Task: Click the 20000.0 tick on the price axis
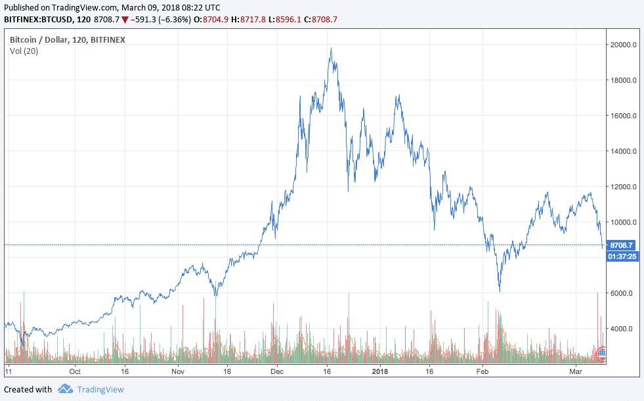(622, 45)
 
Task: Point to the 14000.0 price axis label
(622, 151)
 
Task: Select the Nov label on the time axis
(179, 371)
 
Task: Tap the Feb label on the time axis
(483, 371)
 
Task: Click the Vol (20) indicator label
(24, 51)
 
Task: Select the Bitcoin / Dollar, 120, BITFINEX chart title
(67, 39)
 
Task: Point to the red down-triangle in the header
(125, 20)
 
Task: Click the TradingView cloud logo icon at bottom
(65, 389)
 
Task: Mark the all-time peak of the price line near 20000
(331, 48)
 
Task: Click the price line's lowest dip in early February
(500, 291)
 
